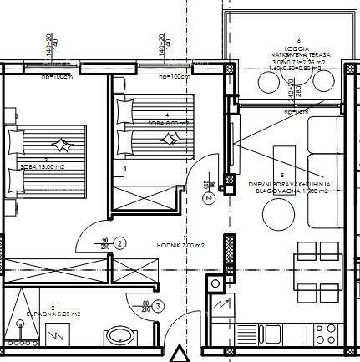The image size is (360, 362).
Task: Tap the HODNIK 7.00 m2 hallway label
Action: (181, 245)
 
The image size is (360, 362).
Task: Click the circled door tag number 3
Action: (157, 307)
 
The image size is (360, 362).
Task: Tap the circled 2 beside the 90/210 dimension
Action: (120, 243)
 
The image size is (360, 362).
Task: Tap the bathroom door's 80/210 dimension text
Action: (147, 307)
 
